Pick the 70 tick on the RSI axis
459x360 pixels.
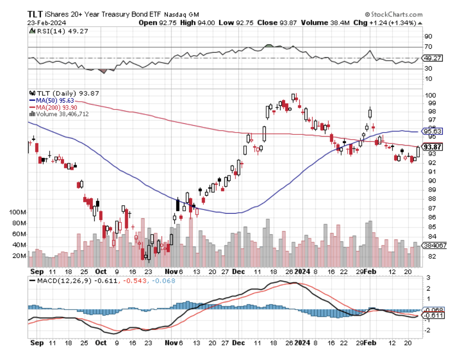[x=429, y=47]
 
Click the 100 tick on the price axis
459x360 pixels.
[x=430, y=95]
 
